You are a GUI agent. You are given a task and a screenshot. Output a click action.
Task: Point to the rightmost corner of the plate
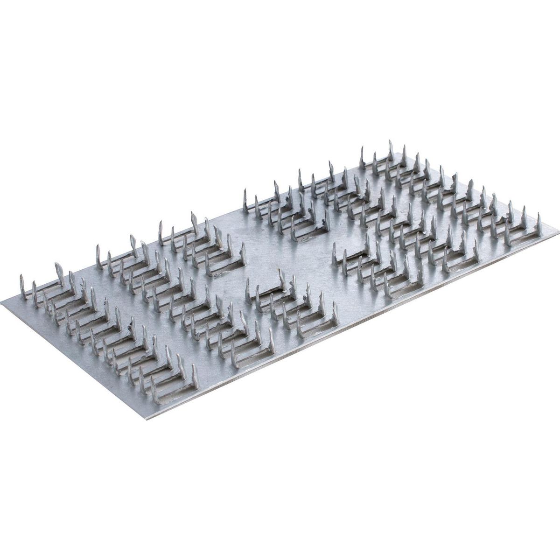(x=557, y=228)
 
